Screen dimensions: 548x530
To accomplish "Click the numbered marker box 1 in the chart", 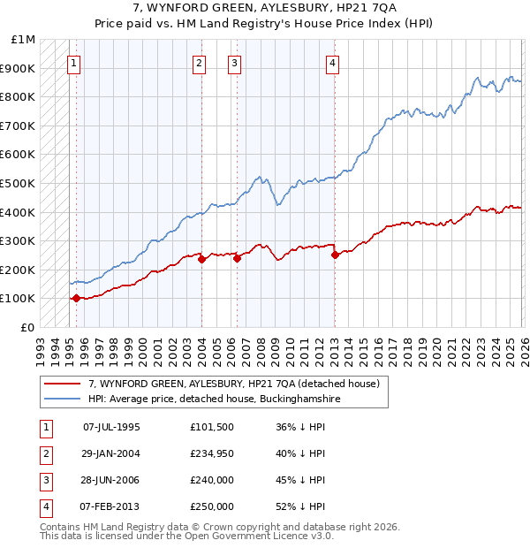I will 73,63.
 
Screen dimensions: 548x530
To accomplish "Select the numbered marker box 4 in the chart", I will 332,63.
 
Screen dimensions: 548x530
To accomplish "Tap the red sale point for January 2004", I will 201,260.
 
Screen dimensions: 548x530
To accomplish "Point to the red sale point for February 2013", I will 335,255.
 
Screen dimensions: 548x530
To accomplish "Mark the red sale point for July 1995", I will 76,299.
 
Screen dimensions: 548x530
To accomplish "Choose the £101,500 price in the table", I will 212,426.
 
